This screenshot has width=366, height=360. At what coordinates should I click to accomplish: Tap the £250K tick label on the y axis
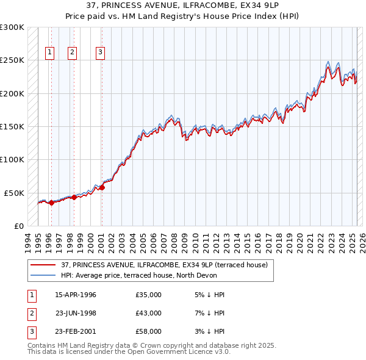point(12,60)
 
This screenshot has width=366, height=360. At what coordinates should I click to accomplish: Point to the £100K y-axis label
point(12,160)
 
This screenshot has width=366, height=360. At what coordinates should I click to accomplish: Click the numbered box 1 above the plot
point(49,52)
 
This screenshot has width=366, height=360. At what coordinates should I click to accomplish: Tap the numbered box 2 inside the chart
point(72,52)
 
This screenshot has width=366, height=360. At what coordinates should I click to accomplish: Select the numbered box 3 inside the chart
point(99,52)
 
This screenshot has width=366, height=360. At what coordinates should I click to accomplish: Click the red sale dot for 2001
point(102,188)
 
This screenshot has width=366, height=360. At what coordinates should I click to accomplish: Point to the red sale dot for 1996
point(51,203)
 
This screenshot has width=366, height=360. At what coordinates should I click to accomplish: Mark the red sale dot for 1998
point(74,197)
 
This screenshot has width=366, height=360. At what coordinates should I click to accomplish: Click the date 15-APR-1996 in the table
point(76,295)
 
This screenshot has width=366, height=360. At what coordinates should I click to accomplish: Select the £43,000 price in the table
point(149,313)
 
